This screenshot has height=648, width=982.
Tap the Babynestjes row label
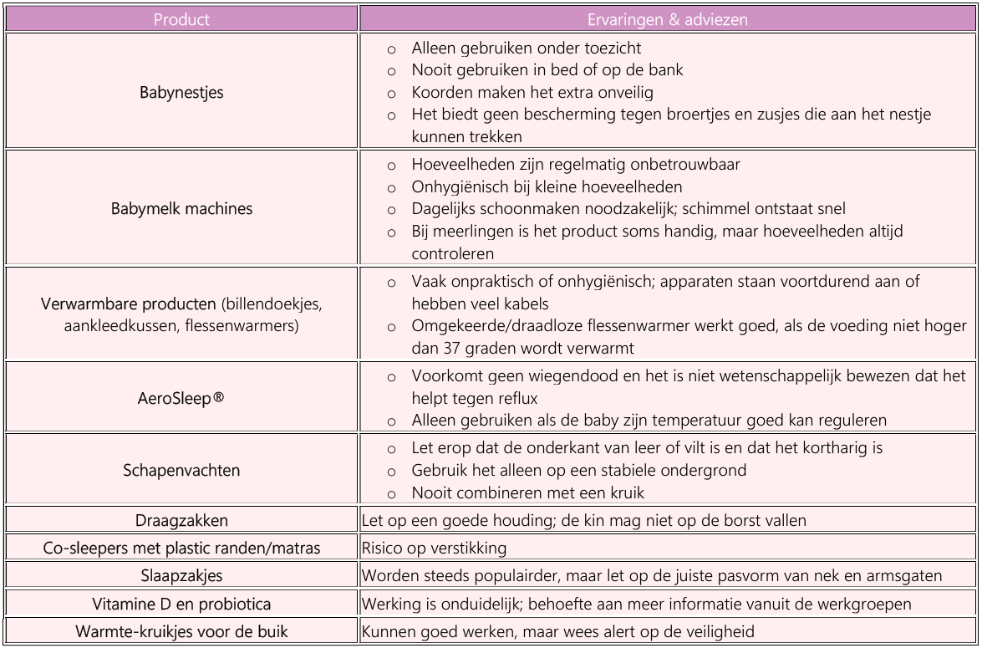coord(181,92)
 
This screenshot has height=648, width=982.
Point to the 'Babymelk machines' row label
coord(181,209)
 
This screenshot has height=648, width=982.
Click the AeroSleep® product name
coord(181,395)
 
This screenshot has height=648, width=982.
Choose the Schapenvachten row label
coord(181,470)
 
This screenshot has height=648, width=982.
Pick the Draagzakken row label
coord(181,521)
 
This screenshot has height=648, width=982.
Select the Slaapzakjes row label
coord(181,576)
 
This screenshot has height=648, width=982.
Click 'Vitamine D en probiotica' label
coord(181,604)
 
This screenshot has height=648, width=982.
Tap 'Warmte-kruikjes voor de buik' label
coord(181,631)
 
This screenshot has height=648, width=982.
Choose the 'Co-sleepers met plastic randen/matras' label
coord(181,549)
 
